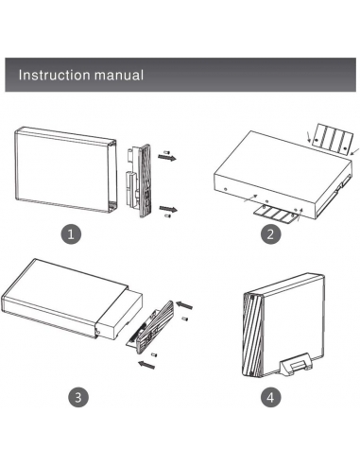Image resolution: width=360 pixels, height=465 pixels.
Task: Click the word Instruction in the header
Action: (55, 75)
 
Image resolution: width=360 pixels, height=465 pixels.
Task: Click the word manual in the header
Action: (119, 75)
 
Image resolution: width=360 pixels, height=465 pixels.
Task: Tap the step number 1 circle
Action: (71, 234)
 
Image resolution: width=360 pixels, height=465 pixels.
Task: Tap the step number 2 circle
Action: (271, 234)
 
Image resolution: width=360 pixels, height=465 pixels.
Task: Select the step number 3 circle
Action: (78, 397)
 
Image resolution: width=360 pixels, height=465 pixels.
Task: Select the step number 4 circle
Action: (271, 397)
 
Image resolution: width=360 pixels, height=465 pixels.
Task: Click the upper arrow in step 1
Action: (167, 157)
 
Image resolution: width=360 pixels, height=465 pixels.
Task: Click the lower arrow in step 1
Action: (168, 209)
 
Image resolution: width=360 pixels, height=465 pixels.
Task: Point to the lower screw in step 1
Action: (167, 216)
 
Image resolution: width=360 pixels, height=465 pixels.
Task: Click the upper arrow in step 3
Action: (184, 305)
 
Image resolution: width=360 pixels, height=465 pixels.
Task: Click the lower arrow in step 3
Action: (146, 364)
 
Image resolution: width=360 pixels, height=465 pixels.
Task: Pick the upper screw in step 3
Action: (186, 319)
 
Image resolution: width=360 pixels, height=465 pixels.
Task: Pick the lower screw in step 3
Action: (154, 355)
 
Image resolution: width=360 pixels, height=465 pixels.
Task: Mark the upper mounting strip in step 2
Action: (332, 139)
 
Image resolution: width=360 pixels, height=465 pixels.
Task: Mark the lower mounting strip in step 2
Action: (276, 215)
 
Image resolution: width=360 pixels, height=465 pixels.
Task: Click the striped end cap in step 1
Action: (146, 181)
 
